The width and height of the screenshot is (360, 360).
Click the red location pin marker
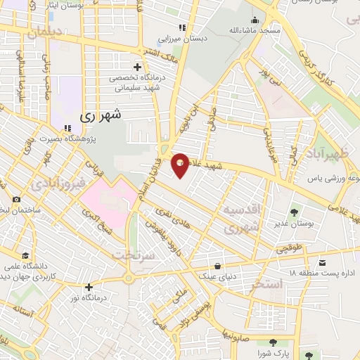[181, 164]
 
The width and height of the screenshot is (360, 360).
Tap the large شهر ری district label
[101, 113]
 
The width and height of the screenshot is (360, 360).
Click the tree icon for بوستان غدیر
[295, 210]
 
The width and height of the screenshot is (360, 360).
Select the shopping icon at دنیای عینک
[219, 266]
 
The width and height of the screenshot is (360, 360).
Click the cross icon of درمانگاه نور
[89, 287]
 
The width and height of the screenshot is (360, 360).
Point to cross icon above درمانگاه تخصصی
[137, 66]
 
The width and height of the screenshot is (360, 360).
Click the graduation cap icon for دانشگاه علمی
[26, 255]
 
